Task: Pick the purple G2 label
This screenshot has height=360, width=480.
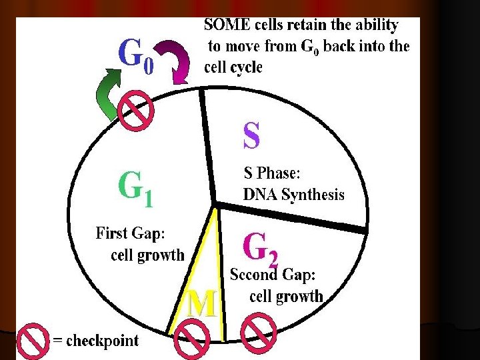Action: point(261,248)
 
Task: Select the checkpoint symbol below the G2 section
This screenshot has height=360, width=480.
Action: point(258,333)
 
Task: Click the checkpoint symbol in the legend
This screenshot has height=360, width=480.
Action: point(32,341)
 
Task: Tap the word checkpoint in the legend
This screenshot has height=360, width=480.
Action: point(102,341)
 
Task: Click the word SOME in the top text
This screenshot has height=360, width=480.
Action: point(229,26)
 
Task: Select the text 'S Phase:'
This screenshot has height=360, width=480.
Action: point(272,173)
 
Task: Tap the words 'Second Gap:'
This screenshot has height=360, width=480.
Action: point(273,274)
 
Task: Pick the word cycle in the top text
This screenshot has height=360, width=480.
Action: point(247,67)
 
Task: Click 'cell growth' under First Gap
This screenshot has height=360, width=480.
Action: point(147,255)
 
